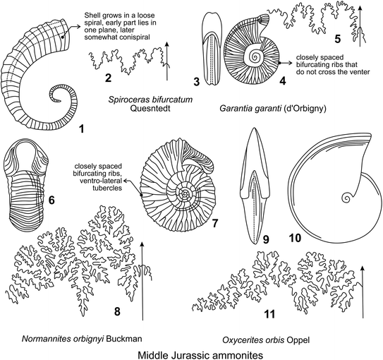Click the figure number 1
coord(82,129)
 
